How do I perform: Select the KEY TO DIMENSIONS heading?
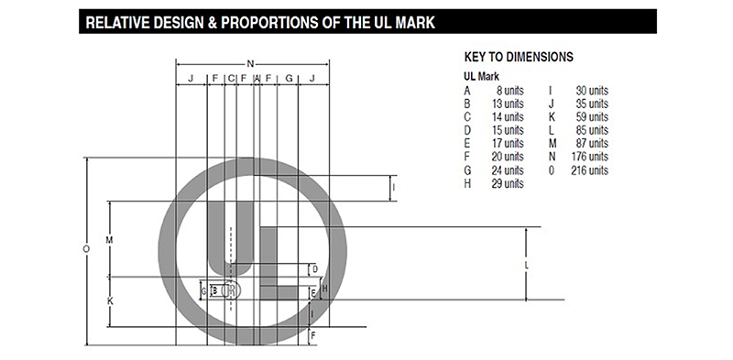519,57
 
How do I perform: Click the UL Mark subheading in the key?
482,76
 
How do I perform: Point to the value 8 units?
510,91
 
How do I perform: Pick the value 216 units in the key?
589,170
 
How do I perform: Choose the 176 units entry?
590,157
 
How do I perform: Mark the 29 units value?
508,183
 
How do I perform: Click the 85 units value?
592,130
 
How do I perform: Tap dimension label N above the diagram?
250,64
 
